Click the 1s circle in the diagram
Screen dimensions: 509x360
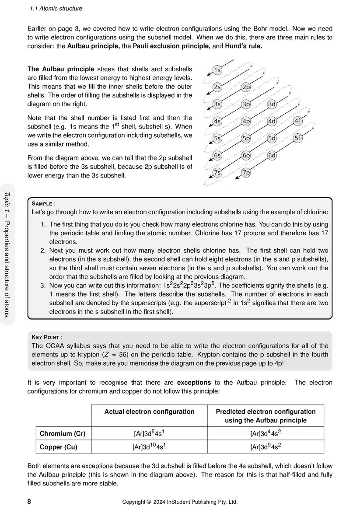pos(217,70)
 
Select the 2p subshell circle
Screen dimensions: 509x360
pos(246,87)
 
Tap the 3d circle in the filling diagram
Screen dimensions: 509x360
pos(272,104)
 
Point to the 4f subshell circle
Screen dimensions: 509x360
pos(297,121)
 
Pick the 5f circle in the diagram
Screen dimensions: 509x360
pos(297,138)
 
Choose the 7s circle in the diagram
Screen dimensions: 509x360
pos(217,172)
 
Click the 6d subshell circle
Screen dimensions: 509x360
pos(272,155)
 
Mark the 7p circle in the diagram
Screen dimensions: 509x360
pos(246,172)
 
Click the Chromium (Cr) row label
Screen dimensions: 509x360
pos(63,434)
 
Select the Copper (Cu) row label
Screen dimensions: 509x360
pos(59,447)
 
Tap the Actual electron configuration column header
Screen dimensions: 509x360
pos(149,411)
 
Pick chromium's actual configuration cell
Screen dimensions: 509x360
pos(149,434)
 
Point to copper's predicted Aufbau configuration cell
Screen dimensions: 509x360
pos(266,447)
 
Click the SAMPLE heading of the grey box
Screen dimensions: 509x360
pos(44,204)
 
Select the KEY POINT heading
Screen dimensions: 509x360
pos(47,337)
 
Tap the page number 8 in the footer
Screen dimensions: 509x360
pos(29,502)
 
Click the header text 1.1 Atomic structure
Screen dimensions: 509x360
pos(56,8)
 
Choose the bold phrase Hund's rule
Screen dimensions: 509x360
pos(243,46)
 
